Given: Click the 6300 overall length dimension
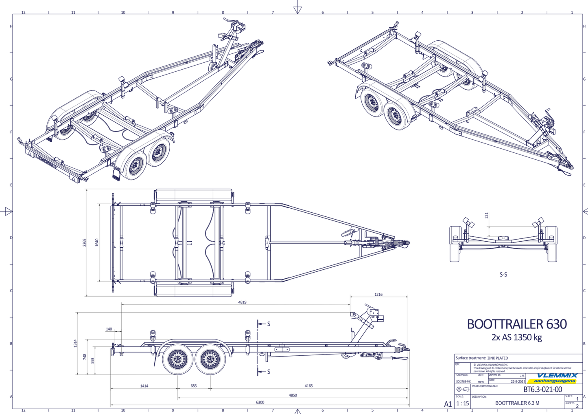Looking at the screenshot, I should coord(260,402).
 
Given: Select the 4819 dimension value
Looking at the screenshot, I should coord(242,302).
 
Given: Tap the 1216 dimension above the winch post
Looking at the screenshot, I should coord(378,294).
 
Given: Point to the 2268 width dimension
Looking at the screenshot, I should coord(84,242).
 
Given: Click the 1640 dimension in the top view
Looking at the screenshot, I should coord(96,242).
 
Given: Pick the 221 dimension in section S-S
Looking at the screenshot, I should coord(487,215).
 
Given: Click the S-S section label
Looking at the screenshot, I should coord(503,275).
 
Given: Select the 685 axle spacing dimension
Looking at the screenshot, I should coord(194,385).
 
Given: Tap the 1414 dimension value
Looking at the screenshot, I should coord(144,385).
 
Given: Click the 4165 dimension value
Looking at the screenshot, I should coord(308,385).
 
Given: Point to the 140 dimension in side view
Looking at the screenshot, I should coord(109,329).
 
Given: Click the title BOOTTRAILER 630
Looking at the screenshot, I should coord(516,324).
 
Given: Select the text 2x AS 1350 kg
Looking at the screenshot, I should coord(516,337).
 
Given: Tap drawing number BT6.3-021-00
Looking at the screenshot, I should coord(542,390).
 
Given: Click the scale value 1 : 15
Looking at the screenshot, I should coord(462,403).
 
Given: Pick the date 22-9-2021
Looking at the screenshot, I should coord(518,382).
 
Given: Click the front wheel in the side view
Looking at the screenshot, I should coord(210,359).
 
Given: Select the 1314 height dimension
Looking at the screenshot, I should coord(75,344).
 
